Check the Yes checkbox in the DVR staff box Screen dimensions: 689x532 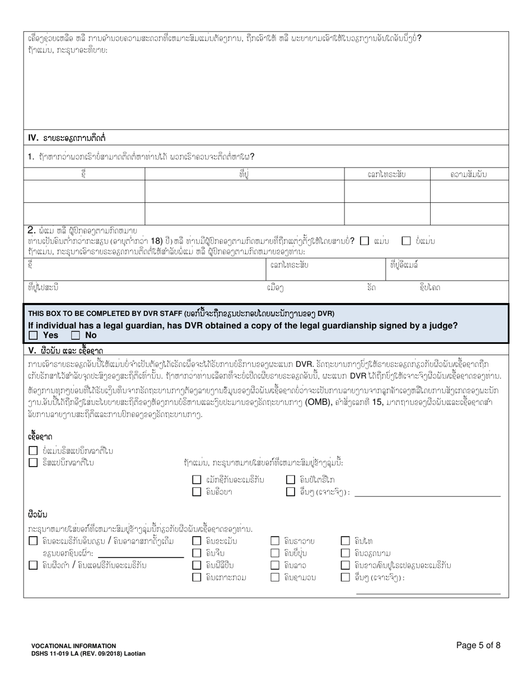(33, 336)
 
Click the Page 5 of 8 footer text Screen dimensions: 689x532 (478, 645)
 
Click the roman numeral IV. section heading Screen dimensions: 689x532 (32, 137)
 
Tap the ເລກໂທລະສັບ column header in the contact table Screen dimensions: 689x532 (386, 175)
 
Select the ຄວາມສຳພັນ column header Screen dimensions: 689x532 (469, 175)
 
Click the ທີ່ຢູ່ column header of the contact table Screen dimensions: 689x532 (244, 175)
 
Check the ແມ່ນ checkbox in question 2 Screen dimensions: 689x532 (365, 241)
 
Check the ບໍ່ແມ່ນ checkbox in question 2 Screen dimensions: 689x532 (407, 241)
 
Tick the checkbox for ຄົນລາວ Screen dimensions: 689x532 (275, 565)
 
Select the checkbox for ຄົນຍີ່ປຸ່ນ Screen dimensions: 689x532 (275, 553)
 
